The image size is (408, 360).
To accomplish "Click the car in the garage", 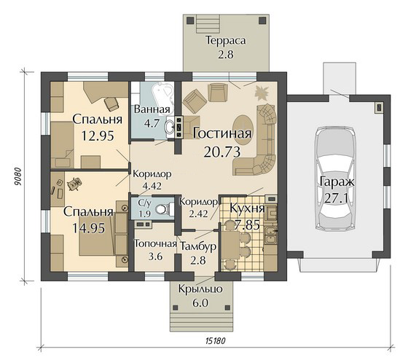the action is (x=334, y=179).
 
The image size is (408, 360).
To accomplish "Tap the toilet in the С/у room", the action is (x=162, y=209).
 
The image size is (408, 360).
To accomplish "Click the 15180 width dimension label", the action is (x=215, y=341).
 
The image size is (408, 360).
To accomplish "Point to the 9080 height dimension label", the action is (x=17, y=177).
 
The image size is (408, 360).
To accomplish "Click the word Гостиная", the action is (x=222, y=133).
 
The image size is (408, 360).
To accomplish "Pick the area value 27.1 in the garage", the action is (x=336, y=199).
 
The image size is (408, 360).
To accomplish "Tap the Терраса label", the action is (x=226, y=41).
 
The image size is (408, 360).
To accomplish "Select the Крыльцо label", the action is (x=200, y=289).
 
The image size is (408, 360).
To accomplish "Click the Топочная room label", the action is (x=155, y=244).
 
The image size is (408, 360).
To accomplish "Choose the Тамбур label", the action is (x=198, y=247).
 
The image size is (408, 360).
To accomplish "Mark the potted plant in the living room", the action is (x=262, y=91).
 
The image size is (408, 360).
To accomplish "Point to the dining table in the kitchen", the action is (x=230, y=245).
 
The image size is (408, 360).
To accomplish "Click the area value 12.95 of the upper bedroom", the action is (x=98, y=136).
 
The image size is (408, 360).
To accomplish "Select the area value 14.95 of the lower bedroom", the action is (x=89, y=228).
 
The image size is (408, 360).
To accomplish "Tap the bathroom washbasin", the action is (x=170, y=127).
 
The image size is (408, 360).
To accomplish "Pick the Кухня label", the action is (x=247, y=208).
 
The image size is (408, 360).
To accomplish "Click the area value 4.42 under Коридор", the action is (x=152, y=186).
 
